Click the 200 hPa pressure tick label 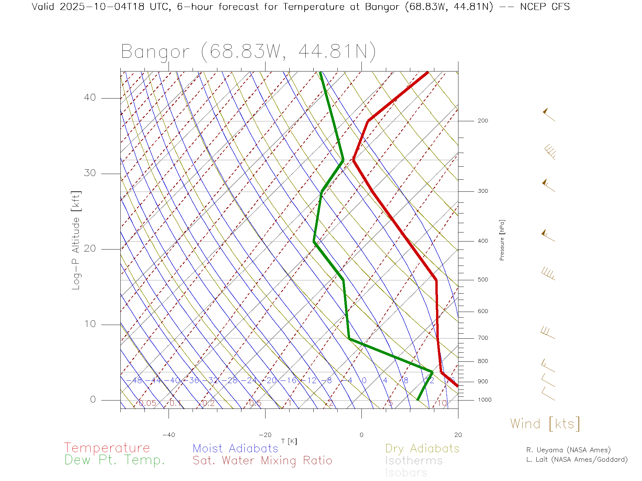click(x=483, y=121)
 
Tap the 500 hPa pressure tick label click(x=483, y=280)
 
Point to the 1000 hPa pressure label click(x=484, y=400)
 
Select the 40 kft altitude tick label click(x=90, y=98)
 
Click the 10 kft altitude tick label click(x=90, y=324)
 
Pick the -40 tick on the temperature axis click(x=169, y=435)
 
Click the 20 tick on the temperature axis click(x=458, y=435)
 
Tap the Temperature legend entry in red click(x=107, y=448)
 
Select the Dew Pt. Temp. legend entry click(x=115, y=460)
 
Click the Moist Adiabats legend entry click(x=235, y=448)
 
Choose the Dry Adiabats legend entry click(x=422, y=448)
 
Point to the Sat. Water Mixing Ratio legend click(x=262, y=461)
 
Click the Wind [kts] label click(x=545, y=424)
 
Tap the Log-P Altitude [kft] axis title click(x=76, y=240)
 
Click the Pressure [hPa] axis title click(x=502, y=240)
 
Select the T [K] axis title click(x=289, y=441)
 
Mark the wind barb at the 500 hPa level click(x=548, y=274)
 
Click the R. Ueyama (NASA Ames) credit click(x=568, y=450)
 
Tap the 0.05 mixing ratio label click(x=147, y=403)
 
